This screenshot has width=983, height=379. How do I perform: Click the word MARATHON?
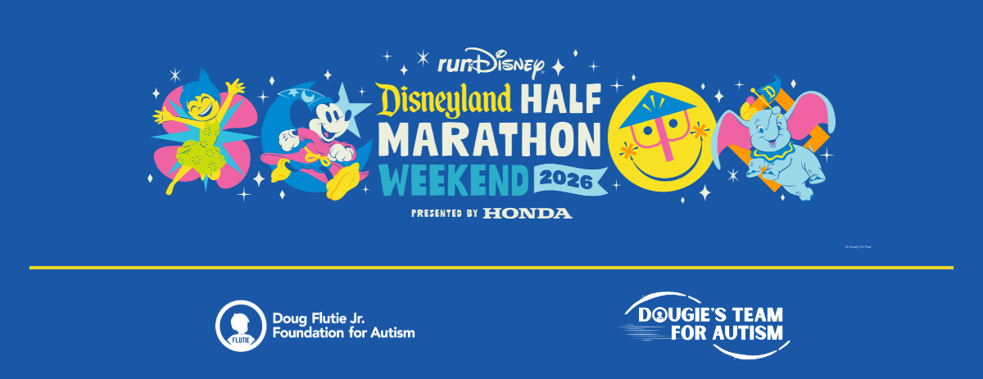tap(490, 140)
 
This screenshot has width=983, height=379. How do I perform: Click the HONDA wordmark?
tap(527, 214)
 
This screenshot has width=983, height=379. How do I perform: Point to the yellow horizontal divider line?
tap(491, 268)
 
